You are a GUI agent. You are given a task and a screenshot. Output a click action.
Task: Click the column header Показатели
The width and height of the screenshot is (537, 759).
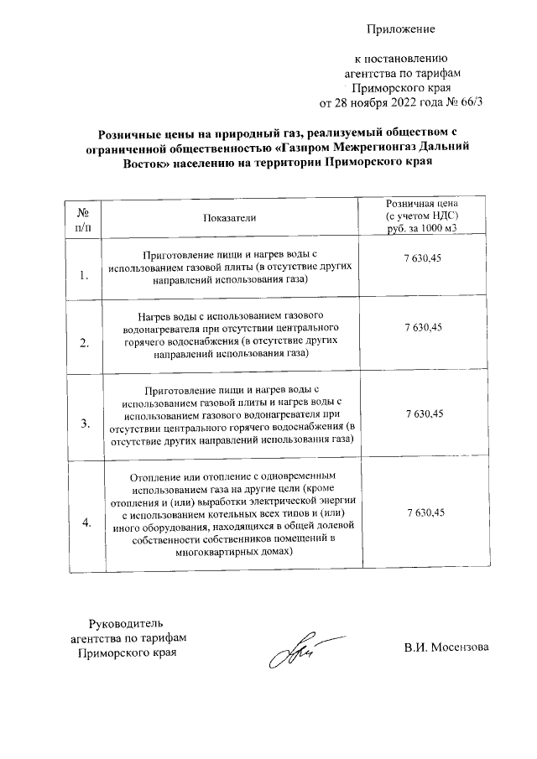pos(228,217)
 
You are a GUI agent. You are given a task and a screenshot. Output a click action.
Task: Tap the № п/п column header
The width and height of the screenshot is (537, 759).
pos(83,217)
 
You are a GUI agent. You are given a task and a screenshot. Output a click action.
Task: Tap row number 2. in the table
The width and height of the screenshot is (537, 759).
pos(84,342)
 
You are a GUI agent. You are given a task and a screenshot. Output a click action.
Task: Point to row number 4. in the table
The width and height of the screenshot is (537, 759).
pos(84,523)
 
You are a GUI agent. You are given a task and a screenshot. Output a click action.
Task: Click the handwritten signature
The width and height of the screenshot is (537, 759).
pos(289,652)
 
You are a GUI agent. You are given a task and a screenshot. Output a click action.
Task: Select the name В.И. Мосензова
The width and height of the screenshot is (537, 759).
pos(445,647)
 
